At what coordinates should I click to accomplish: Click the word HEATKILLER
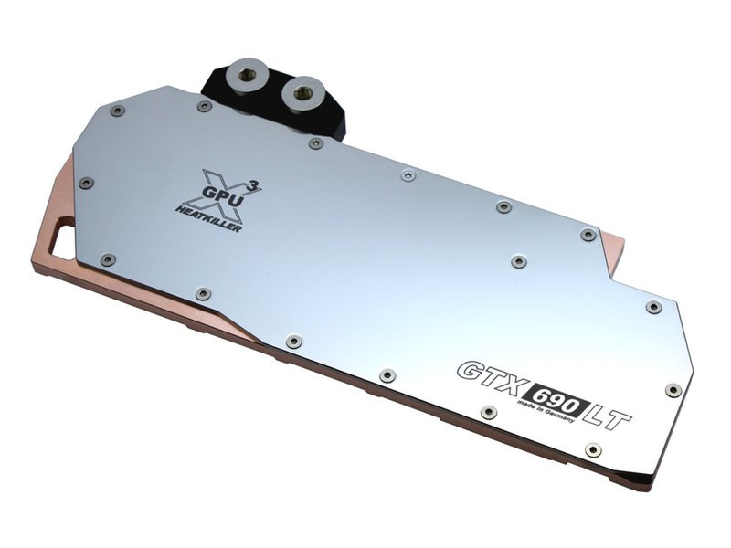click(209, 217)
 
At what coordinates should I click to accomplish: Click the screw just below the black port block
click(315, 143)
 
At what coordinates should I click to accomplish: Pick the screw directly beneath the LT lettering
click(593, 449)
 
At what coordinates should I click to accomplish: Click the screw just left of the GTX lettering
click(387, 374)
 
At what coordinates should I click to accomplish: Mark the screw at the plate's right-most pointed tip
click(673, 390)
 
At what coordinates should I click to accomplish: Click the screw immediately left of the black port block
click(204, 106)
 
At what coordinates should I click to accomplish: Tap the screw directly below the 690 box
click(488, 412)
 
